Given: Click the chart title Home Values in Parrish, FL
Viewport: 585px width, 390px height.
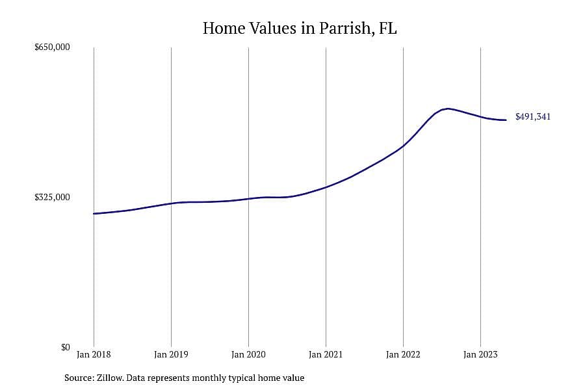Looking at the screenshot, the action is [x=300, y=29].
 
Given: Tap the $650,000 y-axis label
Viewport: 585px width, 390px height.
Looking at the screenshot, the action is [x=52, y=47].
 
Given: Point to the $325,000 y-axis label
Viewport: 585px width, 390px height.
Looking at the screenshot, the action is [x=52, y=197].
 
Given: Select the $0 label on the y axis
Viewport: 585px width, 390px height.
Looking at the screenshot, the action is [x=65, y=347].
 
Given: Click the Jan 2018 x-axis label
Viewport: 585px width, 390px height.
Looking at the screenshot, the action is [x=94, y=354].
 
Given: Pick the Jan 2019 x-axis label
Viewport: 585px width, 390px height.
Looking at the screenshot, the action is [x=171, y=354].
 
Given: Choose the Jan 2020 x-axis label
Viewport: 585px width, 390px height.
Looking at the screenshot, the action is [x=248, y=354].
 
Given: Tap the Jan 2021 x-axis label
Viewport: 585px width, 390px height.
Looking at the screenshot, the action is [x=326, y=354].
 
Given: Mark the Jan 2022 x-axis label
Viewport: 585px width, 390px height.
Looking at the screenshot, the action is [x=403, y=354].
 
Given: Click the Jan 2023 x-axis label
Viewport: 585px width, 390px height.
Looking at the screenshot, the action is [x=480, y=354].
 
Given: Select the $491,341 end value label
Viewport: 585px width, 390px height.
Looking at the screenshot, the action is [x=533, y=116].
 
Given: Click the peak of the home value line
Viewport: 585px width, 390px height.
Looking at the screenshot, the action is [x=448, y=109].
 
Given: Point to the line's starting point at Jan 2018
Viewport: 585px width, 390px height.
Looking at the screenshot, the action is [x=94, y=213].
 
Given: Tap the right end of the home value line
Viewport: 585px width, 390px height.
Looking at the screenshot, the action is [x=506, y=120].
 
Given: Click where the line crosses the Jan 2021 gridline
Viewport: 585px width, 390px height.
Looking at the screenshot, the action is [x=326, y=187].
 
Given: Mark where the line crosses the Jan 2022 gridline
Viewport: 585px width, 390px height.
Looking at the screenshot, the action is [x=403, y=146].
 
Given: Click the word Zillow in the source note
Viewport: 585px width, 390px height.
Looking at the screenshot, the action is [x=110, y=378].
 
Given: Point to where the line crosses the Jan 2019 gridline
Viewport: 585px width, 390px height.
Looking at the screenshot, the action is [x=171, y=203].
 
